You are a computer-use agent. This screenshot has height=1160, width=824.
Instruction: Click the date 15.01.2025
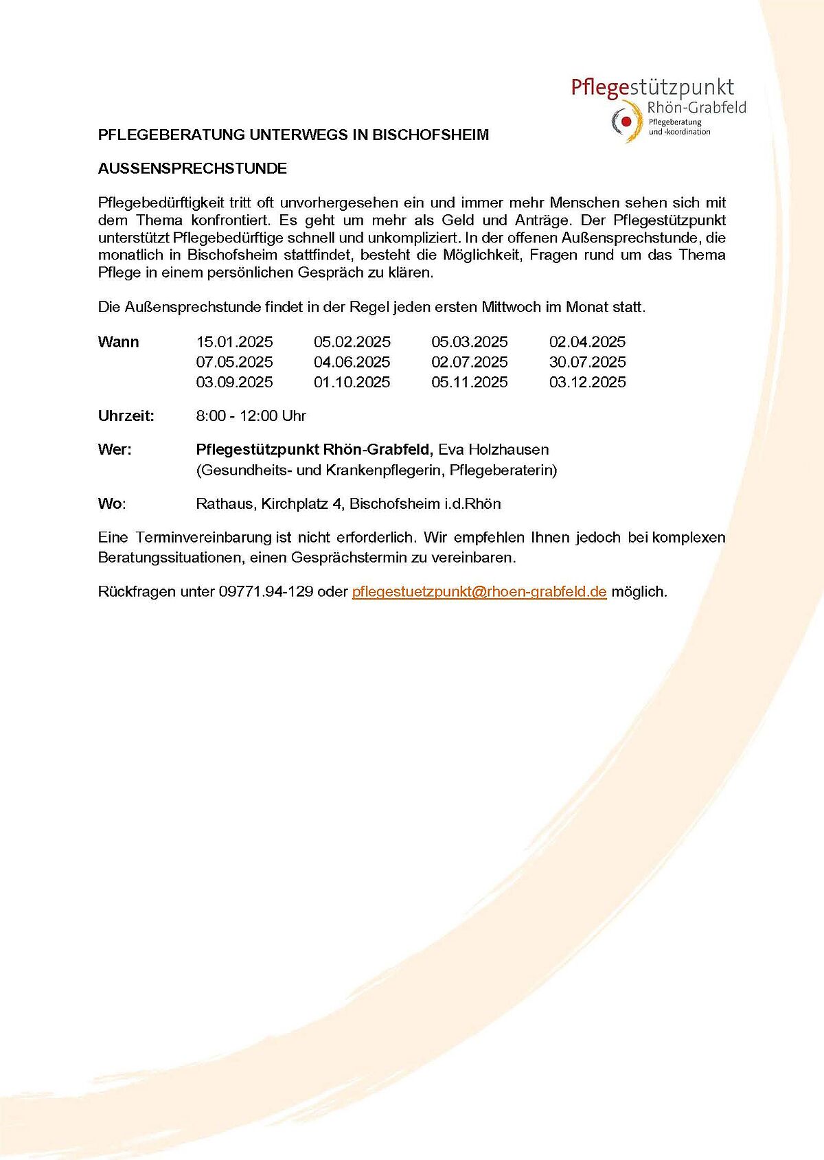234,342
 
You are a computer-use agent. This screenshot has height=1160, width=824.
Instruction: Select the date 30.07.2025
587,362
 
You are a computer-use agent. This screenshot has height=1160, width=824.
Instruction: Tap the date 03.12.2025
587,382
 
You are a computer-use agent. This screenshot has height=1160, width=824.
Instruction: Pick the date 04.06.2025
352,362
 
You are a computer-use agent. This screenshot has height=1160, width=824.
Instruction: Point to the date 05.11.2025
470,382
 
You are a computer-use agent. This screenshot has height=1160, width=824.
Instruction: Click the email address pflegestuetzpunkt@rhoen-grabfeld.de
479,591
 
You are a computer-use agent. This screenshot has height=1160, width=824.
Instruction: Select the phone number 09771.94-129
266,591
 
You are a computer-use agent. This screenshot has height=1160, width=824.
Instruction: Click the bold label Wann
118,342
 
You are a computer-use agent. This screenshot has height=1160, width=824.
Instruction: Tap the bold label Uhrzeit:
126,416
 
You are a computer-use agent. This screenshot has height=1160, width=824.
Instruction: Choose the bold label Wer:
115,450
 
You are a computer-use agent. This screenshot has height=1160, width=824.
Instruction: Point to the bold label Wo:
112,504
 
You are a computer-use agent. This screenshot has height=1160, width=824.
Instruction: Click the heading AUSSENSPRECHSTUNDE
192,169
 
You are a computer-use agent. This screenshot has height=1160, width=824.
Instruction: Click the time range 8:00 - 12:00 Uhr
251,416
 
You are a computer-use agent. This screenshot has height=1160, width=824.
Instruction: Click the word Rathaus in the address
224,504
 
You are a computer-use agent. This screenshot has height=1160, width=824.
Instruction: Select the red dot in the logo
626,122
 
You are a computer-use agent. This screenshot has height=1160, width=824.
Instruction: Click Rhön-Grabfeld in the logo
696,108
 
